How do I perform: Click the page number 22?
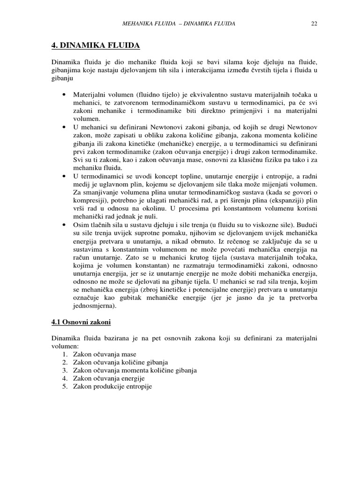314,24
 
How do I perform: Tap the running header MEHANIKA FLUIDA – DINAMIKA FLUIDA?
179,24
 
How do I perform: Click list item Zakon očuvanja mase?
105,354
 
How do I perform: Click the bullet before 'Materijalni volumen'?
63,95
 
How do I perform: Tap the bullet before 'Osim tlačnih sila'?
63,225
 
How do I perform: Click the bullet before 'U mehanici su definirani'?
63,127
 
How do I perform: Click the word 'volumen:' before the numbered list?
65,346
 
